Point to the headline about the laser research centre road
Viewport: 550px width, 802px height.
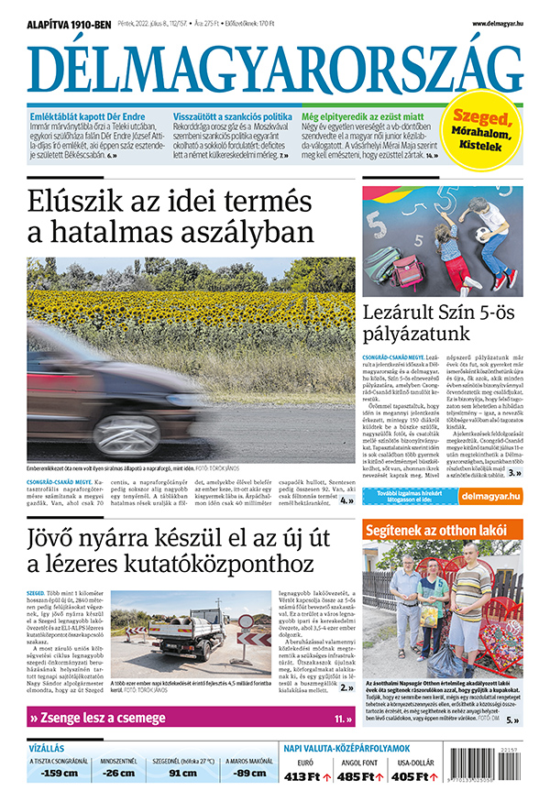pyautogui.click(x=174, y=549)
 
